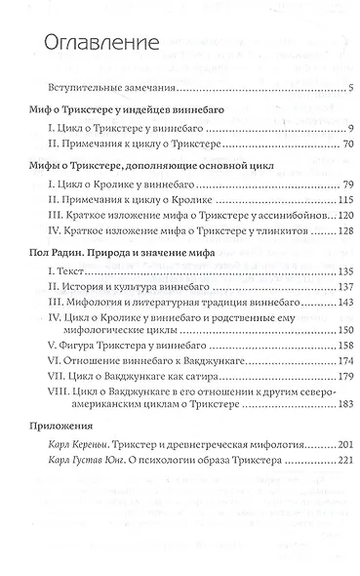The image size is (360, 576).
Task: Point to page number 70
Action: [x=328, y=144]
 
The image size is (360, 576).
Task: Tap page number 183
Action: [x=325, y=412]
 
